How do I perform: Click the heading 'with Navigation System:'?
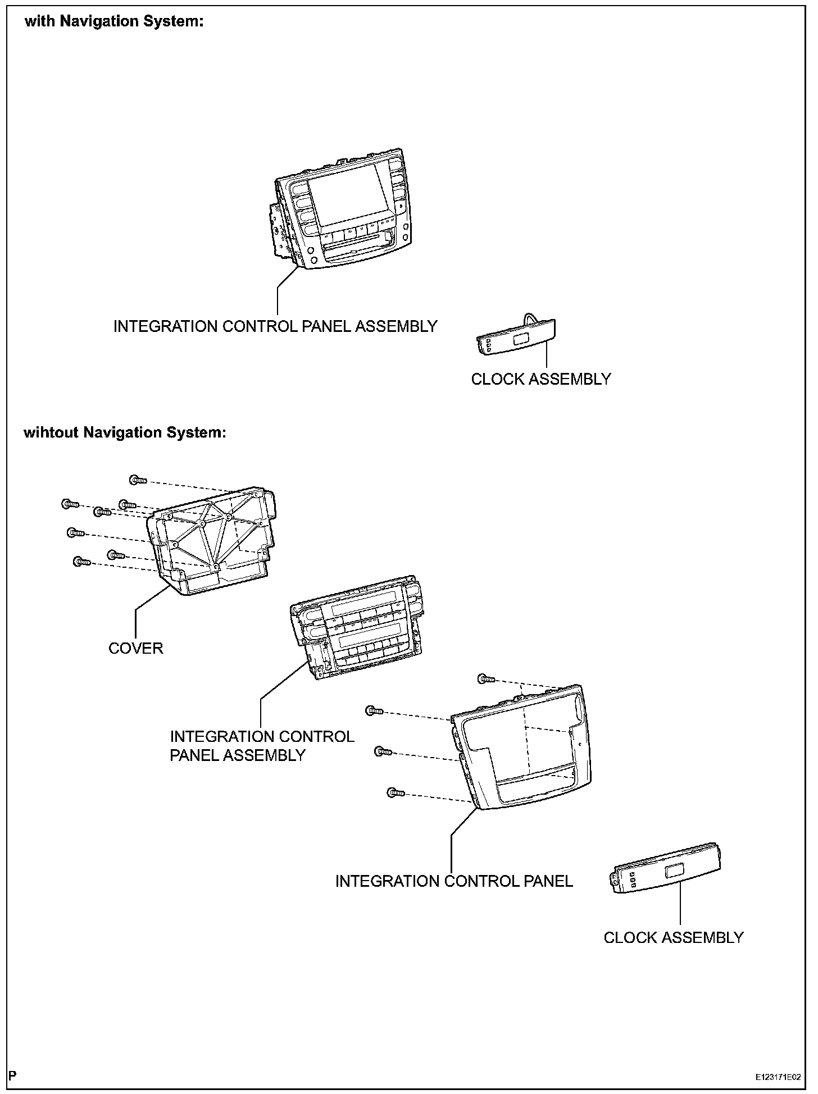(113, 22)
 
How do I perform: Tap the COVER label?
(135, 648)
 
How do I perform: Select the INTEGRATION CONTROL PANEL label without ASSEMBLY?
(454, 881)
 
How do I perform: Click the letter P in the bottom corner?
(12, 1076)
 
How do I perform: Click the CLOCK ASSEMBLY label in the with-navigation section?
(540, 379)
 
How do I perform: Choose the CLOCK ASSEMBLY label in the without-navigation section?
(673, 937)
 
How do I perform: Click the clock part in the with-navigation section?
(516, 337)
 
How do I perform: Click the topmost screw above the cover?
(138, 480)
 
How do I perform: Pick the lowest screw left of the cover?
(81, 561)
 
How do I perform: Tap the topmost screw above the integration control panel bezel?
(485, 679)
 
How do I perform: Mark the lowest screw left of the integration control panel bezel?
(396, 793)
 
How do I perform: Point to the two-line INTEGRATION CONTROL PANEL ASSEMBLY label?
(262, 745)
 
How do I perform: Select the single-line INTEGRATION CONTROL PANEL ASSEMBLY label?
(275, 326)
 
